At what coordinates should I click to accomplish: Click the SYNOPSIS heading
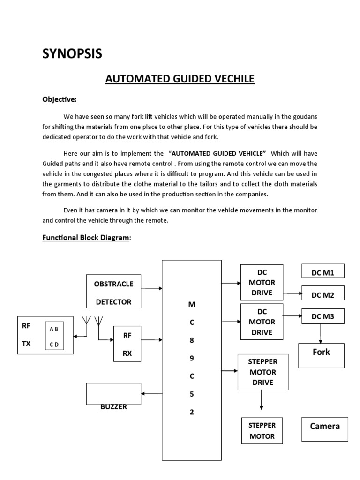(x=72, y=54)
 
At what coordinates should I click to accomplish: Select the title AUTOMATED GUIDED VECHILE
(x=180, y=79)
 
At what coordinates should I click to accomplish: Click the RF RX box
(x=127, y=345)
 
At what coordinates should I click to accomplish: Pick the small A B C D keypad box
(x=54, y=337)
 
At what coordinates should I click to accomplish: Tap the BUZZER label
(x=113, y=407)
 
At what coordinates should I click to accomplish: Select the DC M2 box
(x=322, y=294)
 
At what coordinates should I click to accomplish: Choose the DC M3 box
(x=322, y=316)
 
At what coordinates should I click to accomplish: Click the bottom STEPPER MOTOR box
(x=262, y=431)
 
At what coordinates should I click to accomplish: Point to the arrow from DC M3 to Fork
(x=321, y=334)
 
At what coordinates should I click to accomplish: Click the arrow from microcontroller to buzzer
(x=151, y=394)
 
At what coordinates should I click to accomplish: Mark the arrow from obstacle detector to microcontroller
(x=151, y=289)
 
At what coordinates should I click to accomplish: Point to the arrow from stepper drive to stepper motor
(x=262, y=400)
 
